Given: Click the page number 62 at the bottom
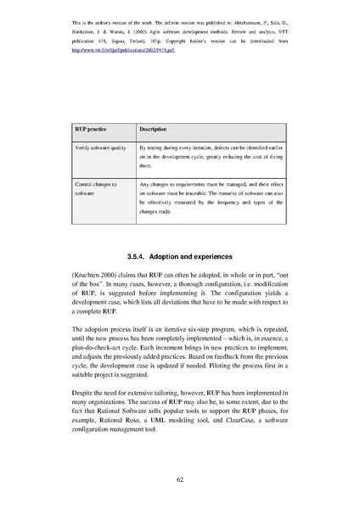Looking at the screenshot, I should [x=180, y=479].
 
